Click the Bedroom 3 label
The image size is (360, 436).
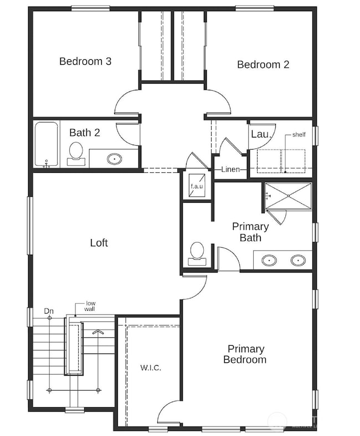(x=85, y=61)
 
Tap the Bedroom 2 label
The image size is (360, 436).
(x=263, y=65)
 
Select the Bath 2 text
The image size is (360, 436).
(x=85, y=133)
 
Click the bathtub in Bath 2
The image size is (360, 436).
(x=47, y=144)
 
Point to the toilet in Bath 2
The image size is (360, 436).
(x=76, y=152)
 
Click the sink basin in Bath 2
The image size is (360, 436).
(x=115, y=159)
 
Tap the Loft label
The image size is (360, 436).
(x=99, y=243)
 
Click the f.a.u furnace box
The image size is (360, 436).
(x=197, y=186)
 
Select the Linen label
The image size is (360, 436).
(x=230, y=170)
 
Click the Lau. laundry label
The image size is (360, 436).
(x=260, y=135)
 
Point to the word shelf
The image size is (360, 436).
(x=299, y=135)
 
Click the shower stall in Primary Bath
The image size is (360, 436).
(x=288, y=196)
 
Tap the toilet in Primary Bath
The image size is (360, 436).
(x=197, y=253)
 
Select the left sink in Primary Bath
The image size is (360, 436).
(x=270, y=260)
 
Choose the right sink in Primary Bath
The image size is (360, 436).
(x=298, y=260)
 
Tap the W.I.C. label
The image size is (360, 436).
(x=150, y=368)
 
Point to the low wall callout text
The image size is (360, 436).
(x=91, y=307)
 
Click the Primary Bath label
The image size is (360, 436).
(x=250, y=232)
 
